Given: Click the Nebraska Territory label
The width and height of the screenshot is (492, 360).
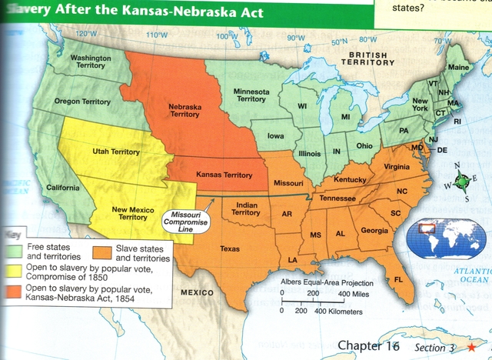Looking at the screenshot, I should coord(184,109).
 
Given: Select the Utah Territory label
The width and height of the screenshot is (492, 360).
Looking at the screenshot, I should coord(118,152).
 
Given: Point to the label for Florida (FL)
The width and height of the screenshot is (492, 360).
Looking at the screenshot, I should coord(398,279).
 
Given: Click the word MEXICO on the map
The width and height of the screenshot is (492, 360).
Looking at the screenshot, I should coord(198,294).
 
